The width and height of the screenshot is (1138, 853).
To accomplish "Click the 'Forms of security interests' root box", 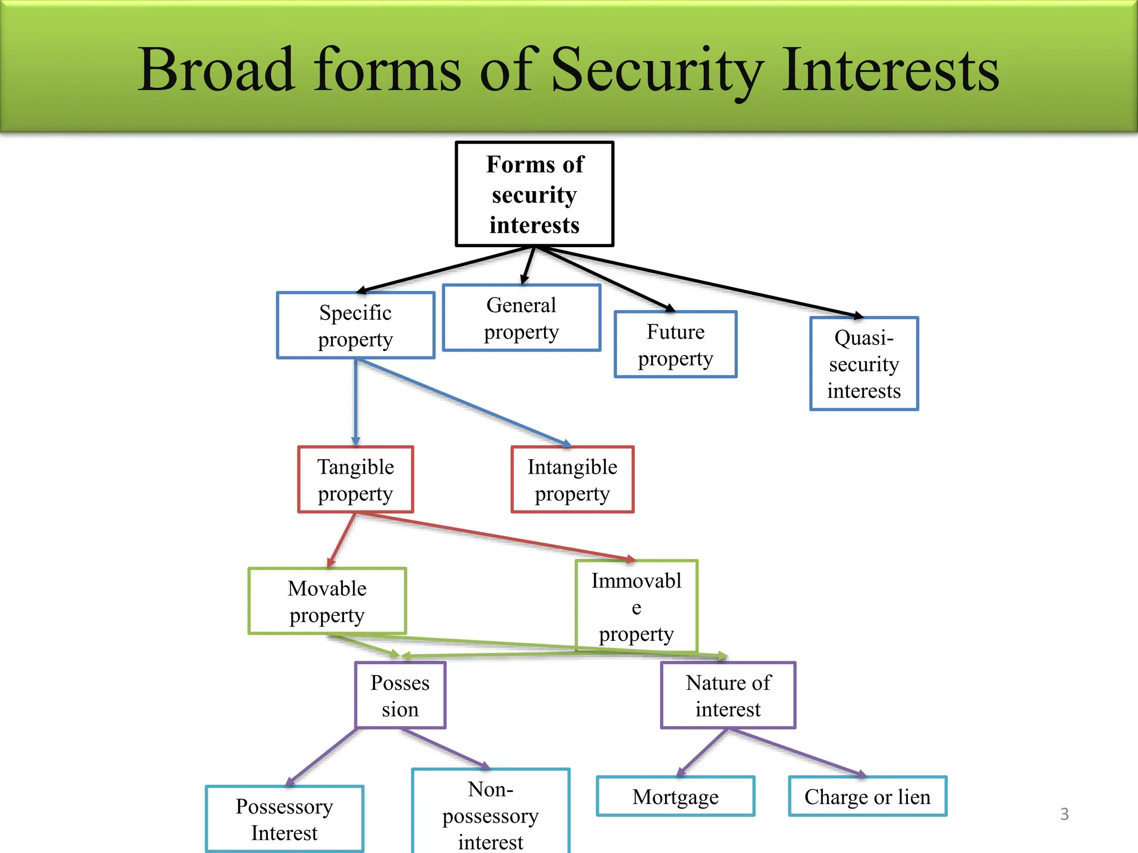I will pyautogui.click(x=535, y=194).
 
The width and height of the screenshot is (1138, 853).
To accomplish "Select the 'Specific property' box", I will pyautogui.click(x=356, y=325).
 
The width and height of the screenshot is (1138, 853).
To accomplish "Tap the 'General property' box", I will pyautogui.click(x=521, y=318).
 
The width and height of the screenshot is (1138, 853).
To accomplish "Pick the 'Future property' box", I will pyautogui.click(x=676, y=344).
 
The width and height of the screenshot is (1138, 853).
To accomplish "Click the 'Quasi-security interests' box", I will pyautogui.click(x=864, y=364).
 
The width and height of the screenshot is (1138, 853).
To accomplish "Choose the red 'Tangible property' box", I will pyautogui.click(x=356, y=479).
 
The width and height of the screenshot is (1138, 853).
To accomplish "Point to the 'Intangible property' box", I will pyautogui.click(x=572, y=479).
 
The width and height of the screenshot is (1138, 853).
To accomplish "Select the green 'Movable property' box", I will pyautogui.click(x=327, y=601).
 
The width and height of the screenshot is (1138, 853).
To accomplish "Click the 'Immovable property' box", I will pyautogui.click(x=636, y=606).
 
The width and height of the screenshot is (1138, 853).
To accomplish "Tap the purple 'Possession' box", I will pyautogui.click(x=400, y=695).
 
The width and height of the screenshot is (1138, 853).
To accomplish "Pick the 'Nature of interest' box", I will pyautogui.click(x=728, y=695).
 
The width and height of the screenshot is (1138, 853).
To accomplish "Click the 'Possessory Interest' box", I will pyautogui.click(x=284, y=819).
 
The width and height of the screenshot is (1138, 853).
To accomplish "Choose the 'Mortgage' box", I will pyautogui.click(x=676, y=796).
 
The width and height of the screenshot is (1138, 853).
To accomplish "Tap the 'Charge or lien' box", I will pyautogui.click(x=867, y=796).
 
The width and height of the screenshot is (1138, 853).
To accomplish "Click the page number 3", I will pyautogui.click(x=1064, y=814).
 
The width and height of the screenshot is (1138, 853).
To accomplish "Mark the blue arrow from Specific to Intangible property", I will pyautogui.click(x=464, y=402).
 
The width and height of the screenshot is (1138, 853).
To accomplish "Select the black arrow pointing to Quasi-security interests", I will pyautogui.click(x=700, y=282).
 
